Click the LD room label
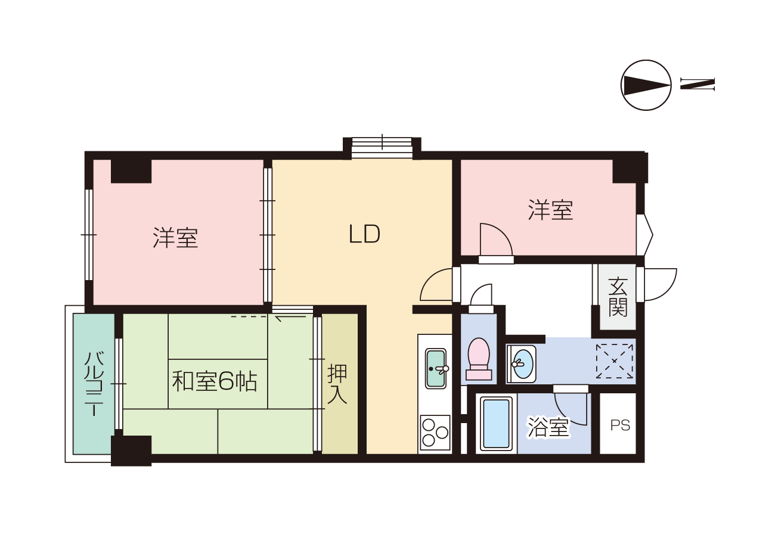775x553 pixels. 364,234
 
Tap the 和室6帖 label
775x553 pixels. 215,381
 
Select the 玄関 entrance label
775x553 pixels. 618,296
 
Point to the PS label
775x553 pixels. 620,425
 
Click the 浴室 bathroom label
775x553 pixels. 548,427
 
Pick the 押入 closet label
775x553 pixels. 337,384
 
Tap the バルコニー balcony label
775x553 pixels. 94,384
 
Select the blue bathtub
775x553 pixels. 497,424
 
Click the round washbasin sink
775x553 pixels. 523,364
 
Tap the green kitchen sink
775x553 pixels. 436,368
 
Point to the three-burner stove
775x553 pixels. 435,432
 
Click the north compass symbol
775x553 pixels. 646,85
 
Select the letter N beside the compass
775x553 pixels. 697,84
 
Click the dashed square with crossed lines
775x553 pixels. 615,361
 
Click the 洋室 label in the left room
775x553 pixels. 175,238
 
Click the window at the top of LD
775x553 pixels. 382,148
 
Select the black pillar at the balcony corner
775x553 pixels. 131,451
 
